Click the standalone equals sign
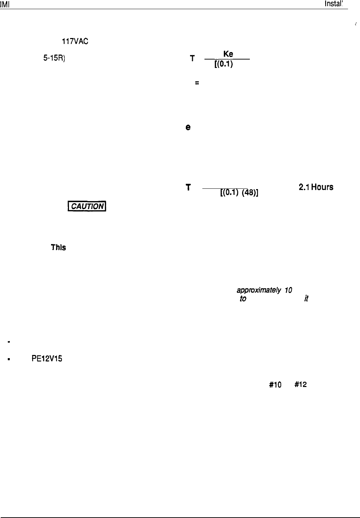(x=197, y=83)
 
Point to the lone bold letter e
(x=188, y=128)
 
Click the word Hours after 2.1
(x=321, y=187)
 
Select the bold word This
(x=58, y=248)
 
